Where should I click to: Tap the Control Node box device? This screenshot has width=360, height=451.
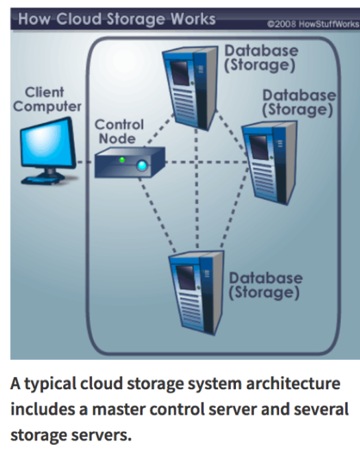[x=123, y=163]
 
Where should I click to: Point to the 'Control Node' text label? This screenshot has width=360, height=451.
[x=119, y=132]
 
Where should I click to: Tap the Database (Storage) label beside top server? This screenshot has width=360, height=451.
[x=261, y=58]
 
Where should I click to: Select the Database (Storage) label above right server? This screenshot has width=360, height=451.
[x=299, y=101]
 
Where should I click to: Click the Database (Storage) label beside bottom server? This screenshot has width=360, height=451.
[x=265, y=285]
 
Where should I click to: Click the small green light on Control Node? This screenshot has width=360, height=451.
[x=121, y=160]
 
